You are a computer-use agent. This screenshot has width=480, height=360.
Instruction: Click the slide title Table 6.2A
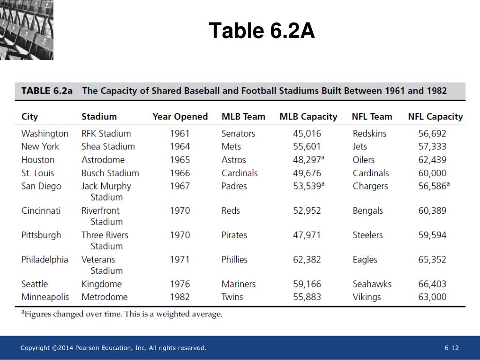[262, 31]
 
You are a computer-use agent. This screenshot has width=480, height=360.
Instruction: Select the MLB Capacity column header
[308, 117]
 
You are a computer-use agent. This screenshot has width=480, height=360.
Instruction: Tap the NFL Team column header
[372, 117]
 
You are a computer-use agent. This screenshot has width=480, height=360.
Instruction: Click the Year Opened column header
[180, 117]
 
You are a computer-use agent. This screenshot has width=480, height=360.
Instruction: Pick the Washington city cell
[45, 134]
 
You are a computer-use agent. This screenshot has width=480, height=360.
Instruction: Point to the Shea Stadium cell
[108, 147]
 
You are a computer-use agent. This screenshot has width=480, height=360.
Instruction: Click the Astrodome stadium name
[103, 160]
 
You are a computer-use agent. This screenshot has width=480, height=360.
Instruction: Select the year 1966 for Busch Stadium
[180, 173]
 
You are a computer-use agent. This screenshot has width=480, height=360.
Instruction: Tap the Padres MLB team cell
[234, 186]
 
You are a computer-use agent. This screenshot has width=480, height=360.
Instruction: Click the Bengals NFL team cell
[367, 210]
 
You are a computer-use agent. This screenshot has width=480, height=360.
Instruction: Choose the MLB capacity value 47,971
[307, 235]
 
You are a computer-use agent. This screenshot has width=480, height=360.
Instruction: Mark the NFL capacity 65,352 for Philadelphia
[432, 259]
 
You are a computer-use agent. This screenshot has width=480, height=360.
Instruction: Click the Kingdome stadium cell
[101, 284]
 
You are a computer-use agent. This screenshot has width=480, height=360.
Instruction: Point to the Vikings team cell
[367, 297]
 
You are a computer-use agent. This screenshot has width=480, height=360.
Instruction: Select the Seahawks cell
[372, 284]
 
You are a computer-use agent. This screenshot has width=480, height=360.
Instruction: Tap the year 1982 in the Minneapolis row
[180, 297]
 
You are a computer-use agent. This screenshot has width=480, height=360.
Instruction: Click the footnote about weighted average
[122, 314]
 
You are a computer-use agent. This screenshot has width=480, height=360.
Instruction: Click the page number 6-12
[451, 348]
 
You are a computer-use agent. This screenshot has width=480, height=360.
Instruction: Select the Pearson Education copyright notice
[113, 348]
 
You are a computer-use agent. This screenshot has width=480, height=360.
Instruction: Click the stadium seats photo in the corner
[27, 30]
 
